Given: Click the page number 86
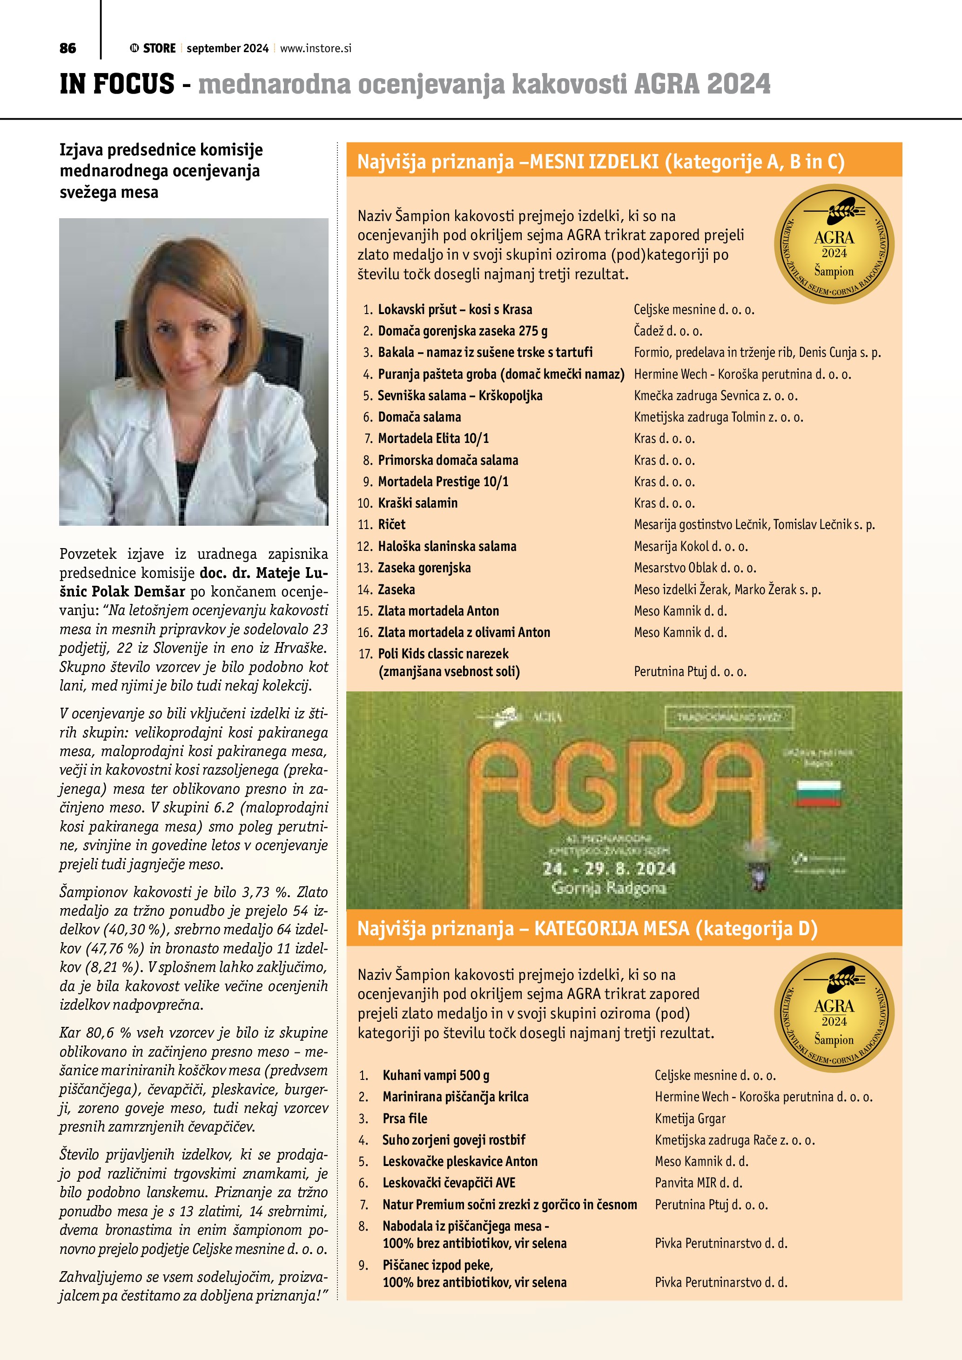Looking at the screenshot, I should point(67,48).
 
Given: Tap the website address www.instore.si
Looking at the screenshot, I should point(315,48).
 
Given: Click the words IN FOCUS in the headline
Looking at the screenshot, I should point(117,84).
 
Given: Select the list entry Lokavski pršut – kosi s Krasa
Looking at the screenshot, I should point(454,309).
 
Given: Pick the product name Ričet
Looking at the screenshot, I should point(391,524).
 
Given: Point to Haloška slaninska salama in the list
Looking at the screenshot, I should point(447,546).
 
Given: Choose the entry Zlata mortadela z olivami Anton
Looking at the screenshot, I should point(464,632).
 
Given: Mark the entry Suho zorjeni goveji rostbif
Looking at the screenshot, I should point(453,1139).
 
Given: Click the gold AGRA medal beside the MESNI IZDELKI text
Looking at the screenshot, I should point(834,244).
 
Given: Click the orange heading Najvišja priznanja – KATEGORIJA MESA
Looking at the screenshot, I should point(586,928).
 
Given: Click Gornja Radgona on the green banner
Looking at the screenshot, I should point(608,888).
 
